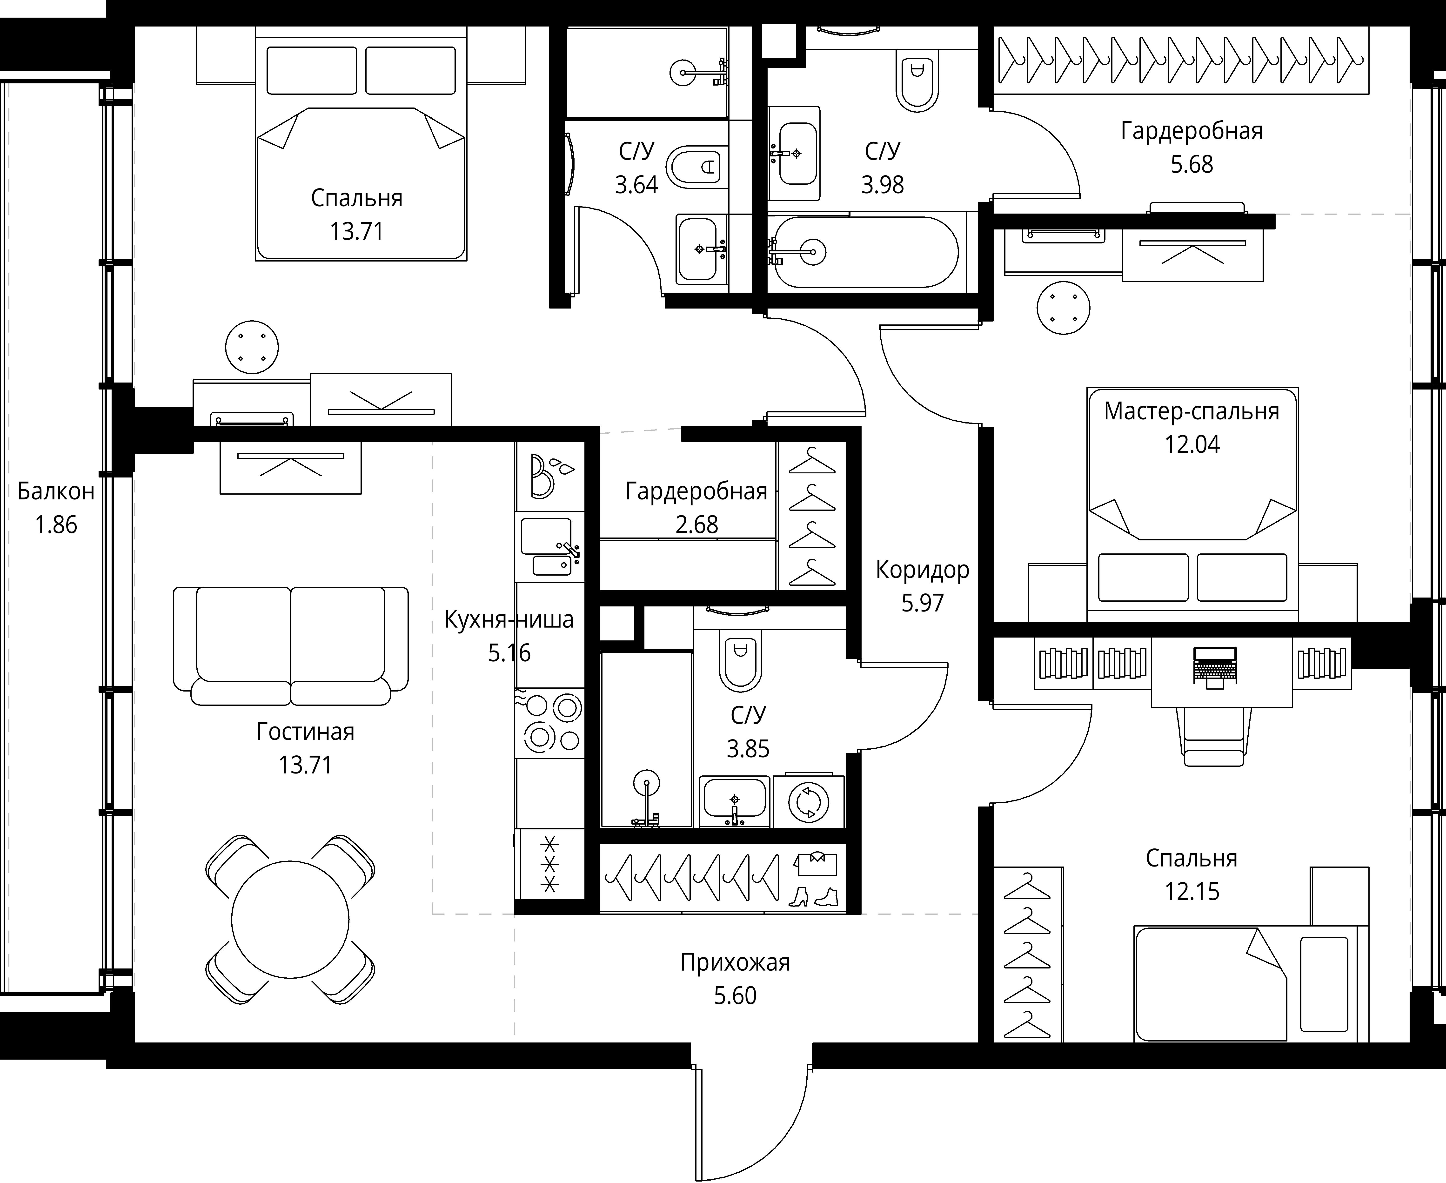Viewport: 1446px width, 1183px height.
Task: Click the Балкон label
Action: click(56, 491)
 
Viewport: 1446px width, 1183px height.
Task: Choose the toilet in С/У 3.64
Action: click(693, 166)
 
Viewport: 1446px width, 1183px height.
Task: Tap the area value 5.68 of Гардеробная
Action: click(1192, 164)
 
